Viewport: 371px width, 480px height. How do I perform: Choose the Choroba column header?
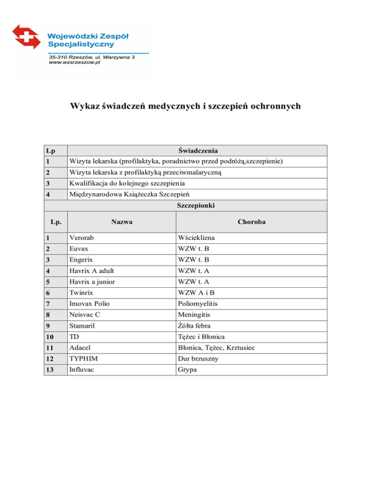[x=252, y=222]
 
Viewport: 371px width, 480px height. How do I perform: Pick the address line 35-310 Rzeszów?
[x=92, y=57]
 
